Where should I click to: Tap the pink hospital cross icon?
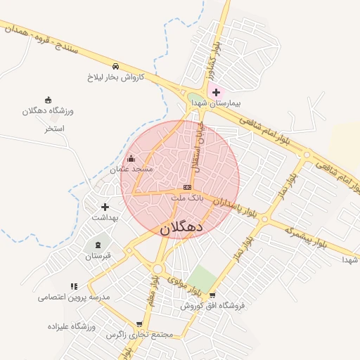pyautogui.click(x=216, y=92)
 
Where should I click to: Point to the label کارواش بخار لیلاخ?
pyautogui.click(x=116, y=76)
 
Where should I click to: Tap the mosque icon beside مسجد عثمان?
pyautogui.click(x=131, y=159)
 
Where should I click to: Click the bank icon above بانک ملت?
pyautogui.click(x=187, y=187)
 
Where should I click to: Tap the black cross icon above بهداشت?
pyautogui.click(x=105, y=207)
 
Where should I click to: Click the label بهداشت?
pyautogui.click(x=105, y=218)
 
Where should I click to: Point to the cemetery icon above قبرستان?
pyautogui.click(x=98, y=245)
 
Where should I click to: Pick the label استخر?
pyautogui.click(x=54, y=129)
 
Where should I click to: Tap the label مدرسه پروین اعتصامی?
pyautogui.click(x=75, y=297)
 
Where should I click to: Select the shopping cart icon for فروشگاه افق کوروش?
pyautogui.click(x=213, y=295)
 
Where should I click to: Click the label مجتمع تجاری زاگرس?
pyautogui.click(x=139, y=335)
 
